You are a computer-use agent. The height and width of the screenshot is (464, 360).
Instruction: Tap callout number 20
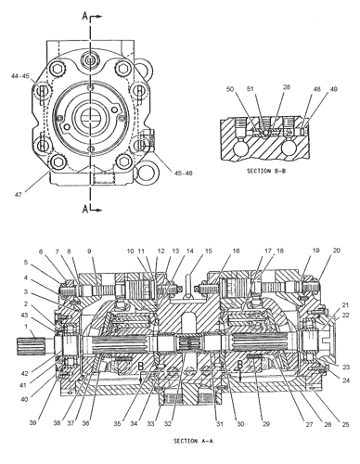337,251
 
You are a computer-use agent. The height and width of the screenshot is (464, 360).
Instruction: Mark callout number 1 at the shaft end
27,335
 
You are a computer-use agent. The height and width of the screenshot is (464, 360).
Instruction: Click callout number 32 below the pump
169,424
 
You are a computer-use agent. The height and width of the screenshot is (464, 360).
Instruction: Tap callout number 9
90,251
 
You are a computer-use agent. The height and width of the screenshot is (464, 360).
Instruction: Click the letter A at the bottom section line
84,210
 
